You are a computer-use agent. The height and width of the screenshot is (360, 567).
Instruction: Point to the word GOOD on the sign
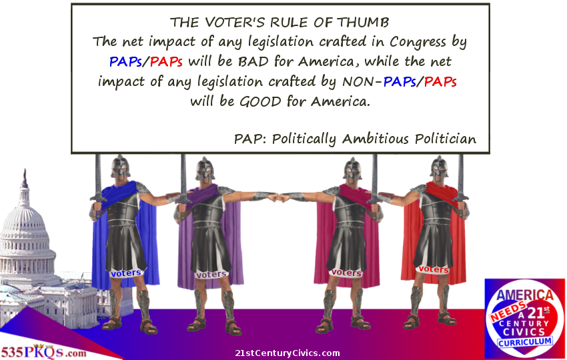[x=260, y=101]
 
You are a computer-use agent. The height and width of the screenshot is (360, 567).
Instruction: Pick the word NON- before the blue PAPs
[x=362, y=82]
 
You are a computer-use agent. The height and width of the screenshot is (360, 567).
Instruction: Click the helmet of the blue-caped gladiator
[x=121, y=167]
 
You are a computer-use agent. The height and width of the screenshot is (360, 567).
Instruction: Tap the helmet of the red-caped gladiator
[x=439, y=167]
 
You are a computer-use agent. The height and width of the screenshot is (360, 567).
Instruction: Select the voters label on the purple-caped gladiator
[x=211, y=275]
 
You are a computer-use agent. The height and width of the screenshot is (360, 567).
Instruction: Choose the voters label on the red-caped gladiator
[x=434, y=269]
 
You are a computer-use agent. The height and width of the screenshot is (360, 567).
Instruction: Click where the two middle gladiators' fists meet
[x=279, y=198]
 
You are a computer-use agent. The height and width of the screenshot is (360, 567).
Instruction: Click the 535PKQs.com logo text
[x=43, y=352]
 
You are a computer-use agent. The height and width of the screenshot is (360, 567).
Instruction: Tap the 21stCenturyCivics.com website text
[x=288, y=353]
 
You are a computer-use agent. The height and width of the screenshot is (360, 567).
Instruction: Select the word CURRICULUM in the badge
[x=525, y=341]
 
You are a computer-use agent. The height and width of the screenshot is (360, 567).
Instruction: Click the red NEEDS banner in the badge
[x=508, y=311]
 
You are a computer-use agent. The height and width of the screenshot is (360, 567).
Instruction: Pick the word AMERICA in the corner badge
[x=525, y=295]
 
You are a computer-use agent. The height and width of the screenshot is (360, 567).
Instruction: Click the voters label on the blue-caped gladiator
[x=126, y=273]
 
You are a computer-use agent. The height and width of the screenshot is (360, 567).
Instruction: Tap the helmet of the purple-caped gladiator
[x=205, y=169]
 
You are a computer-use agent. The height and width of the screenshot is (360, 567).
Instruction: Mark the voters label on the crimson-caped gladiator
[x=347, y=273]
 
